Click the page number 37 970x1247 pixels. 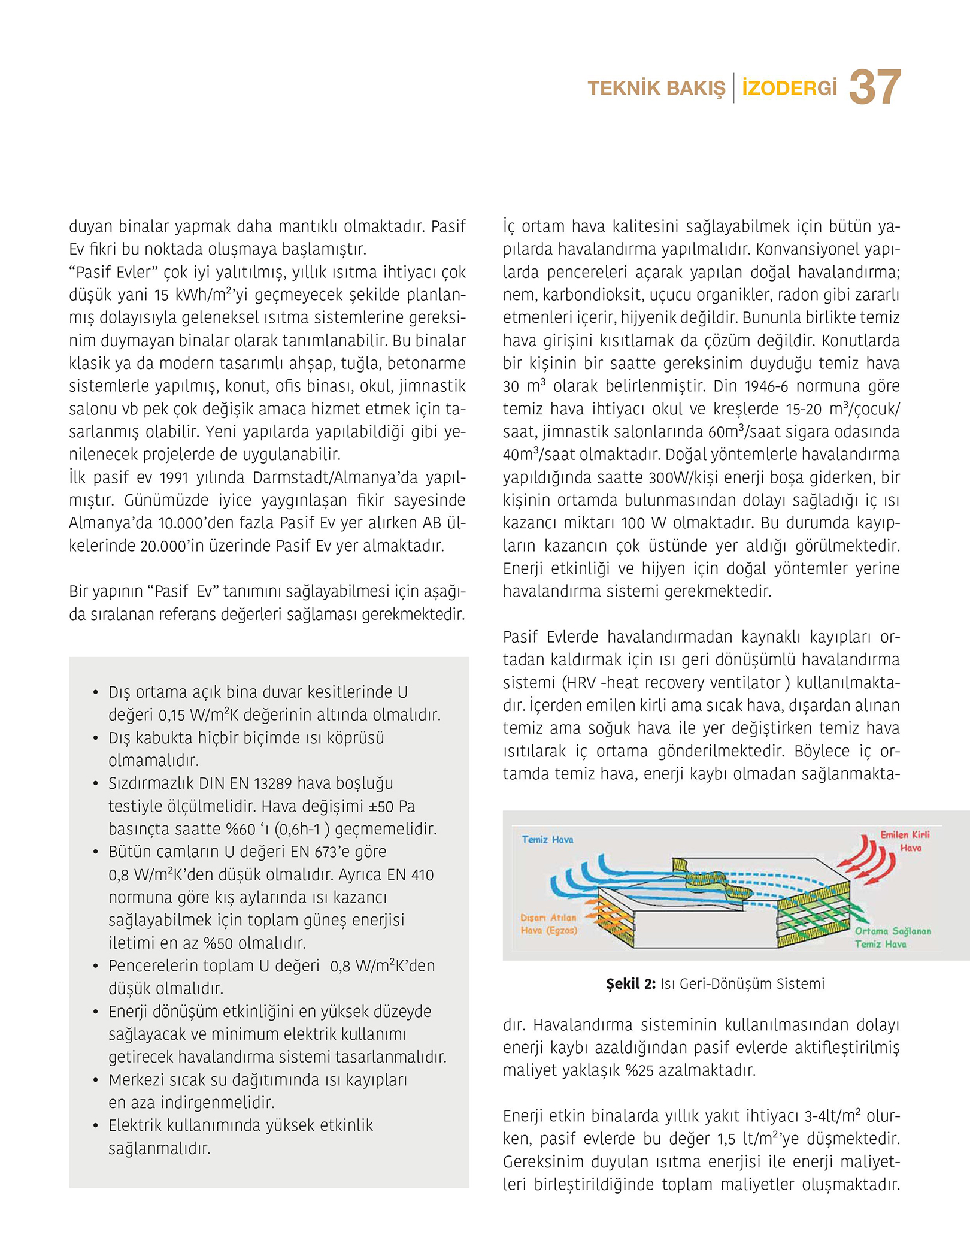(875, 87)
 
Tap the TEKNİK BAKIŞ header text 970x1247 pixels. (656, 89)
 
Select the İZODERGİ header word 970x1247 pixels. (789, 89)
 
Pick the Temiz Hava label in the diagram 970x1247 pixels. (547, 840)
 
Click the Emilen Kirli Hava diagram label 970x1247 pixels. (905, 841)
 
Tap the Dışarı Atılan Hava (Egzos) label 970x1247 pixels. (548, 924)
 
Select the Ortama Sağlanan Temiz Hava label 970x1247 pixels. (893, 937)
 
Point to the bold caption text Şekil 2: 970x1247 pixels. (630, 984)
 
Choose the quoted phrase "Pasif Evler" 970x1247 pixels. (114, 273)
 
